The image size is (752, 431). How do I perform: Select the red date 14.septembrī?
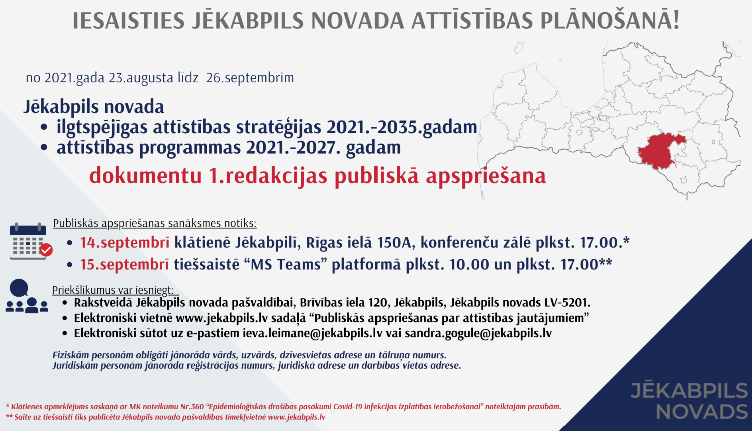(x=125, y=243)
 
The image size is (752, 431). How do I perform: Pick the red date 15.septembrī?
(x=124, y=264)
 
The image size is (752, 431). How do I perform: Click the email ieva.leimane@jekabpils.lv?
(x=312, y=333)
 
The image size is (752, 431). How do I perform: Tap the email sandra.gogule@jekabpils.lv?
(x=478, y=333)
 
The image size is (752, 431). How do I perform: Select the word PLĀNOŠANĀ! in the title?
(x=610, y=21)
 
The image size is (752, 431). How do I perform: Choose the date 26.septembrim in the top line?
(x=250, y=78)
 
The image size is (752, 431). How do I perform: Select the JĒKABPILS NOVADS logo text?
(x=690, y=401)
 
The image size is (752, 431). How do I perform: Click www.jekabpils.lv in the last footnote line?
(x=297, y=417)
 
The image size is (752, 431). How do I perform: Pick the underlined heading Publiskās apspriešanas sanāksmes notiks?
(x=154, y=223)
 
